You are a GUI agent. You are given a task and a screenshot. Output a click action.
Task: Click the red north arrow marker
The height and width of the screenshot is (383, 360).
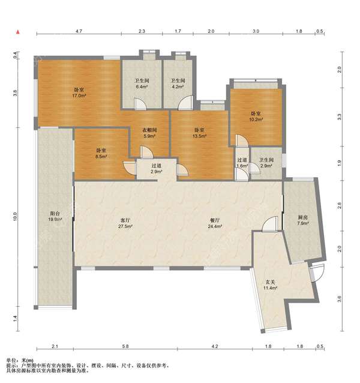tap(17, 32)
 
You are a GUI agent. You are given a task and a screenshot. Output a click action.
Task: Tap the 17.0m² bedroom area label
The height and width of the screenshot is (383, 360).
tap(79, 93)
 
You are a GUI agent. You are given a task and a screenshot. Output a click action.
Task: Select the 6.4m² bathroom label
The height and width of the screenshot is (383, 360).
tap(142, 83)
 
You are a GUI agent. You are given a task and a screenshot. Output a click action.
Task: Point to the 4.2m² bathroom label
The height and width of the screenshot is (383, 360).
tap(178, 83)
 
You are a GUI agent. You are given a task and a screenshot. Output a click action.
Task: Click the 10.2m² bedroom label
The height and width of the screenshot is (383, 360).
tap(256, 116)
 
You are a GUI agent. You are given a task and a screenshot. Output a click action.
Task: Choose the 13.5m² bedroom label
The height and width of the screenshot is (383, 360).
tap(199, 133)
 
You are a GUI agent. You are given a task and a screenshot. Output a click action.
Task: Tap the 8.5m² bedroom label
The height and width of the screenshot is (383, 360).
tap(101, 154)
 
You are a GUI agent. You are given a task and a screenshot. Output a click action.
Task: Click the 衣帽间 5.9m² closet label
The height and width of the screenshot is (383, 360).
tap(149, 133)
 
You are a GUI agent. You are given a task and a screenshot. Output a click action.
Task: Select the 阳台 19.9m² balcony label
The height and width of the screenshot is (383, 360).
tap(55, 216)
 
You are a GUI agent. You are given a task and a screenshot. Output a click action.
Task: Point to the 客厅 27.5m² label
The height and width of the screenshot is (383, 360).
tap(125, 223)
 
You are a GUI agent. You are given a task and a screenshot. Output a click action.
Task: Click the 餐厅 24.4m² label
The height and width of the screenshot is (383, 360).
tap(215, 223)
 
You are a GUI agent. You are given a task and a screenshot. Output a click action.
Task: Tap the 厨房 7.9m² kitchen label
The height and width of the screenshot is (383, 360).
tap(302, 220)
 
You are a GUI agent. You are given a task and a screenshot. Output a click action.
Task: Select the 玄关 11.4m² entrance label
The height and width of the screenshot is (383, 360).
tap(270, 285)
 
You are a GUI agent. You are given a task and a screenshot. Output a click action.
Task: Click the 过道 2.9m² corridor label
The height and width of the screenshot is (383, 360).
tap(156, 169)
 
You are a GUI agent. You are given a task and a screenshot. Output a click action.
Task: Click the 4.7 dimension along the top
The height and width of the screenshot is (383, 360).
tap(79, 31)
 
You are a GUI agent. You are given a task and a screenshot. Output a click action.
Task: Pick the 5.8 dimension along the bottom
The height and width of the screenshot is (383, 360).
tap(125, 346)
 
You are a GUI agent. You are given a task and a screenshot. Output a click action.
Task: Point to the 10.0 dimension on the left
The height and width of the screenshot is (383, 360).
tap(15, 217)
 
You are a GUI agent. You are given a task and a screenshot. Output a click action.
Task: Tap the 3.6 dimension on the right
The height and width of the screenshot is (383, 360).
tap(340, 299)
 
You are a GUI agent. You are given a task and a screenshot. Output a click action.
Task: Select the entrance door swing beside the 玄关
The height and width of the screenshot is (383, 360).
tap(318, 273)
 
